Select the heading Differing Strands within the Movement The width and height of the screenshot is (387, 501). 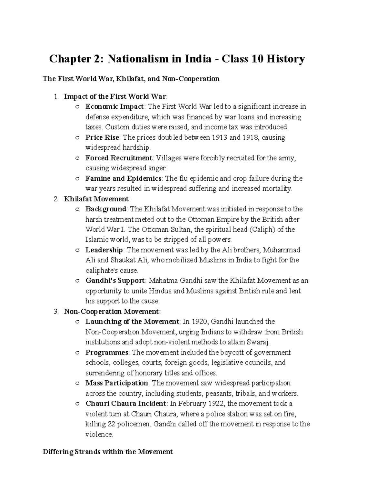coord(108,452)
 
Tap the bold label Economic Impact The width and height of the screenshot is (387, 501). coord(114,106)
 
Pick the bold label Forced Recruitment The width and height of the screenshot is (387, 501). coord(119,158)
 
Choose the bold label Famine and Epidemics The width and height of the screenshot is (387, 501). coord(123,178)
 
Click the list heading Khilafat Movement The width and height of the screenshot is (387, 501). coord(96,199)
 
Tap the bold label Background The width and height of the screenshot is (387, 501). coord(105,209)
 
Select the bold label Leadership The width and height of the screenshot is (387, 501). coord(104,250)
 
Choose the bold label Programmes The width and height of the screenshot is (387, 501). coord(107,352)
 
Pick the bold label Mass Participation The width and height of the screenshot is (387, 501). coord(116,383)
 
